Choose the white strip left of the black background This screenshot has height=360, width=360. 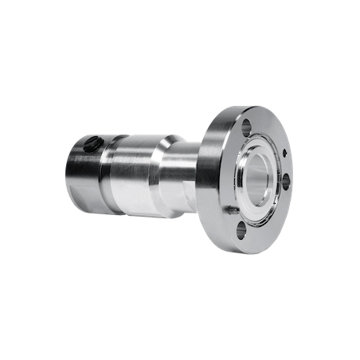tap(29, 180)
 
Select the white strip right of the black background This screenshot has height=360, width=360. tap(330, 180)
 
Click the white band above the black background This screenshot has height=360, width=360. tap(180, 29)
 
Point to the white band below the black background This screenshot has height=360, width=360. tap(180, 330)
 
